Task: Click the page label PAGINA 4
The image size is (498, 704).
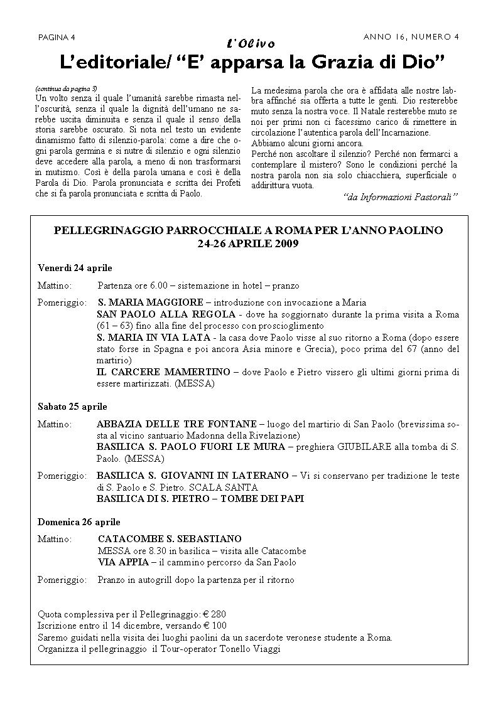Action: click(x=56, y=36)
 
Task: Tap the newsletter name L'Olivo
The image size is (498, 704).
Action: click(x=250, y=43)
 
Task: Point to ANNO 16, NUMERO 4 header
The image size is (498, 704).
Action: click(x=411, y=36)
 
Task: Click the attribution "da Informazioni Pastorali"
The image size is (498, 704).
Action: click(x=401, y=197)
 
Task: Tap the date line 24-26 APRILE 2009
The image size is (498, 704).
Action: click(x=248, y=243)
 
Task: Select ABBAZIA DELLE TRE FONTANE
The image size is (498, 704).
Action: click(x=176, y=424)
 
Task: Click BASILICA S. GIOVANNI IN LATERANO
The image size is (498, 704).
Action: click(x=192, y=476)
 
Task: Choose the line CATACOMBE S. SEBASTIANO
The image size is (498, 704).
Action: click(x=170, y=539)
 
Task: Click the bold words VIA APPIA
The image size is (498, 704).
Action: click(x=123, y=562)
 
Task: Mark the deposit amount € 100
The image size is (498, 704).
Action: click(x=214, y=626)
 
